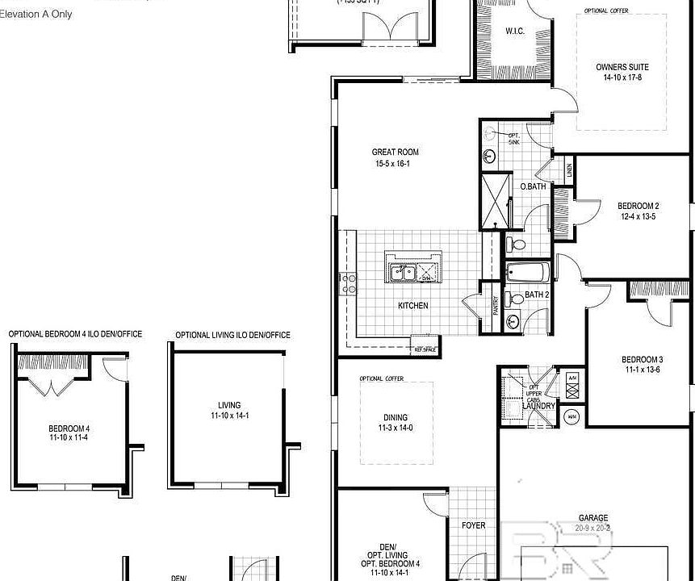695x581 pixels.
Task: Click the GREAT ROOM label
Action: coord(395,152)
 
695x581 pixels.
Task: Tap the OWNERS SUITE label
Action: coord(622,68)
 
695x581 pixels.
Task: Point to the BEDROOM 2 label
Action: coord(638,206)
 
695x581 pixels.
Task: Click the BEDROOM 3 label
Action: coord(642,360)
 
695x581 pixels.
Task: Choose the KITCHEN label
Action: coord(412,306)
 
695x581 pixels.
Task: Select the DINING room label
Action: coord(396,417)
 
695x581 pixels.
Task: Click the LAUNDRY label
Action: coord(538,406)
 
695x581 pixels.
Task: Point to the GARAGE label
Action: coord(593,518)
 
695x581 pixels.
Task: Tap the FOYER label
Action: coord(473,526)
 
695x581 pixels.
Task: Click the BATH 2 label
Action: coord(537,295)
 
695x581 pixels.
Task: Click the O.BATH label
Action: coord(533,186)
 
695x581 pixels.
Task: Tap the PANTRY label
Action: coord(495,306)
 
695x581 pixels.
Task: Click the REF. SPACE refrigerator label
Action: coord(425,349)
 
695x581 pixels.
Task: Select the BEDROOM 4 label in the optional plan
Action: coord(69,428)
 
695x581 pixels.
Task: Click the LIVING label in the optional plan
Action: coord(229,406)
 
